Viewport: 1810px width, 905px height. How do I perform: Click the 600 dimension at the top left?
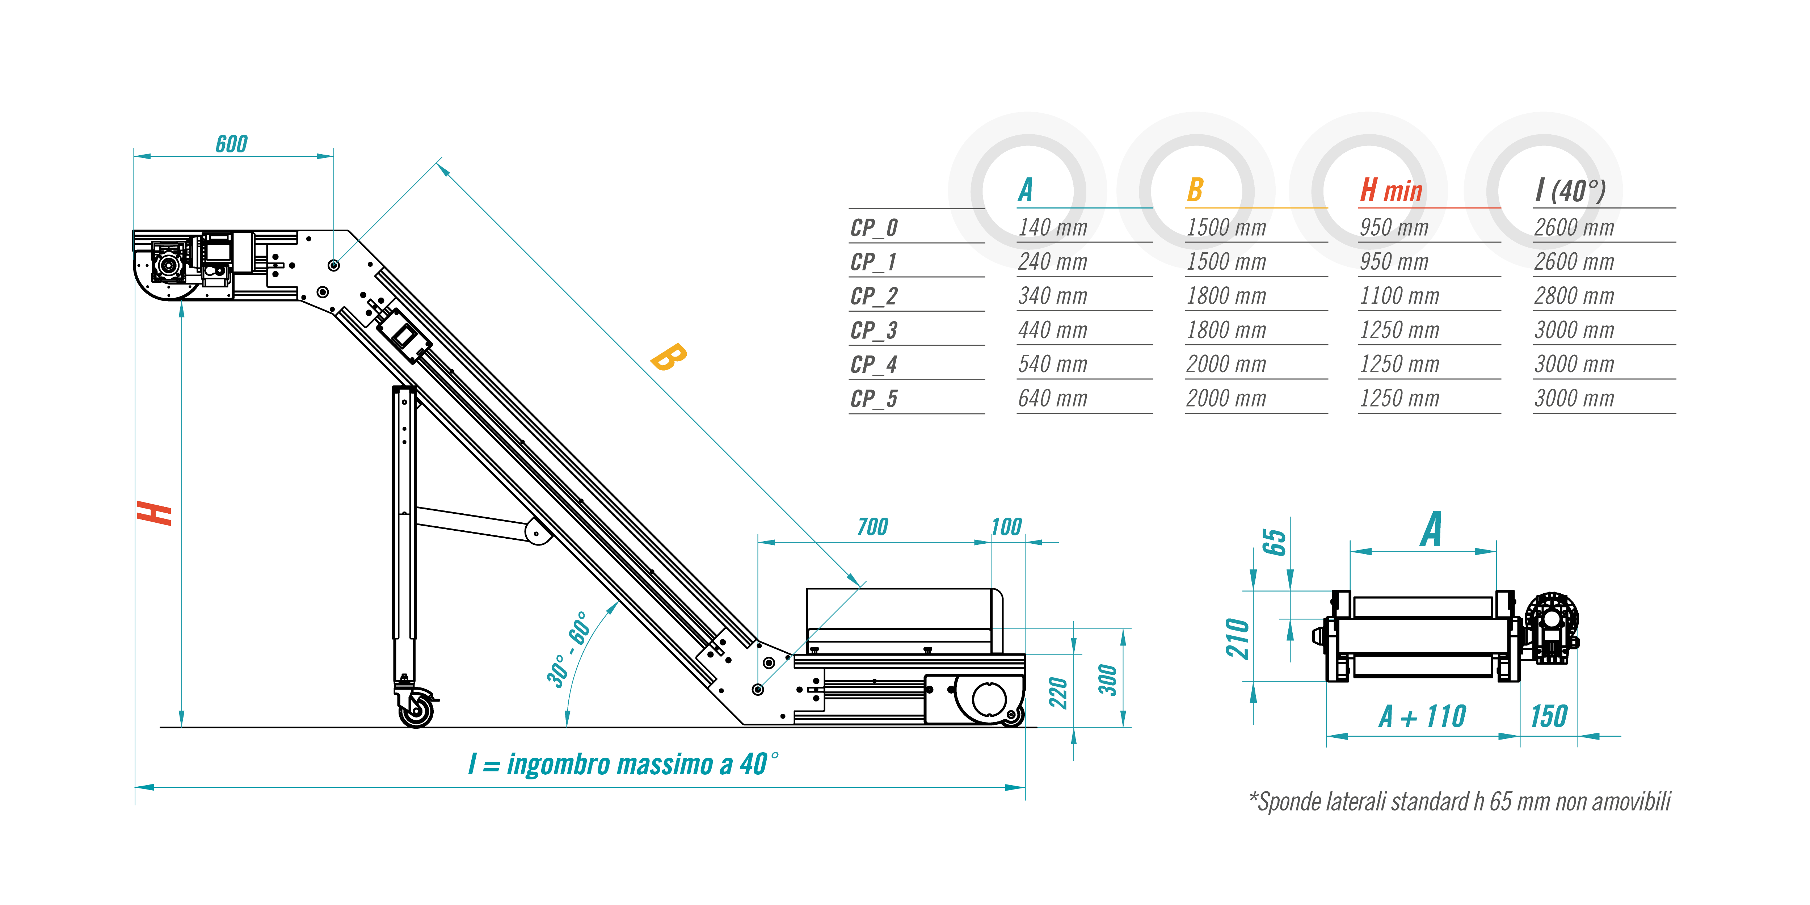pyautogui.click(x=231, y=144)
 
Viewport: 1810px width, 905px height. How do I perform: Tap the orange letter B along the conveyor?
pyautogui.click(x=668, y=357)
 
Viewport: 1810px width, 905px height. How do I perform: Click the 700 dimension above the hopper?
pyautogui.click(x=873, y=527)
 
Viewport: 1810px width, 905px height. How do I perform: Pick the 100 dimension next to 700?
pyautogui.click(x=1006, y=527)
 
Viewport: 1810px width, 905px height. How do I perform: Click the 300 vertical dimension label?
pyautogui.click(x=1108, y=679)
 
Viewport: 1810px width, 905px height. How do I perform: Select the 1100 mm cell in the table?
pyautogui.click(x=1399, y=296)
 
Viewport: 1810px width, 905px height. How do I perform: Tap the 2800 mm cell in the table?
pyautogui.click(x=1574, y=296)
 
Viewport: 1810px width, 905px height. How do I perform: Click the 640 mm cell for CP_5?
pyautogui.click(x=1053, y=399)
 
